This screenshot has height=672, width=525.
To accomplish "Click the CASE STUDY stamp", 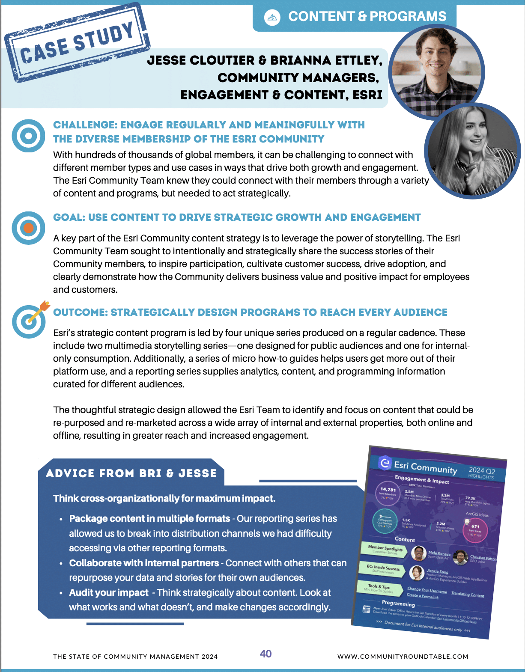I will coord(77,43).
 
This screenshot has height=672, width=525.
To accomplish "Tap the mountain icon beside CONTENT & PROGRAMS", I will coord(272,17).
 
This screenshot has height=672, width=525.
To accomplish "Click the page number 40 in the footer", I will coord(265,654).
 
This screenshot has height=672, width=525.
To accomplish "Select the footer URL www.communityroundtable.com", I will coord(403,657).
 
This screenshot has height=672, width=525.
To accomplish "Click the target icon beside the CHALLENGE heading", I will coord(28,136).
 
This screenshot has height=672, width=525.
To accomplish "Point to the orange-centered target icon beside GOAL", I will coord(28,228).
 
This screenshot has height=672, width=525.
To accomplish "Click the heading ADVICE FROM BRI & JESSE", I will coord(131,473).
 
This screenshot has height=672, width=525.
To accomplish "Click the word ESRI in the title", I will coord(367,95).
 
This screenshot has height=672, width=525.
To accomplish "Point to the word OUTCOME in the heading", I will coord(80,312).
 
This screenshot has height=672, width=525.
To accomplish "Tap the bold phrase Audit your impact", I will coord(109,593).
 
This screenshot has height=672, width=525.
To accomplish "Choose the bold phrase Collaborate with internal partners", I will coord(144,563).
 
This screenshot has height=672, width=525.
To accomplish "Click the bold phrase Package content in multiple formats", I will coord(149,519).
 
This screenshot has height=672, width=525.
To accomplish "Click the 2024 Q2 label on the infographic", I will coord(482,471).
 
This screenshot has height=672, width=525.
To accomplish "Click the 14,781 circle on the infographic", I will coord(388,492).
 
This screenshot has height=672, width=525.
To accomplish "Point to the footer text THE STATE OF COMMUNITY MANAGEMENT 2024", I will coord(135,657).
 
